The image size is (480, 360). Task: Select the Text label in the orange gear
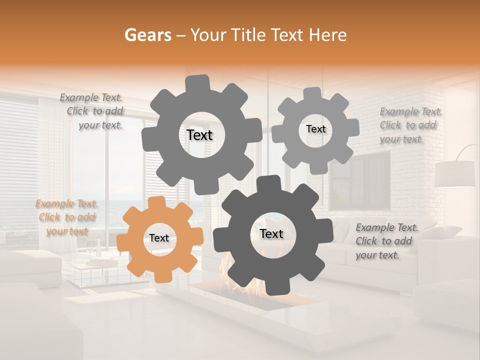coord(159,238)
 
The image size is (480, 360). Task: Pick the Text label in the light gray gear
coord(315,129)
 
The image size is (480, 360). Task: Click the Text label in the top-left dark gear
coord(199,135)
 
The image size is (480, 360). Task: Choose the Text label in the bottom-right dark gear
coord(271,234)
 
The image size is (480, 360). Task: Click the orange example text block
coord(67,217)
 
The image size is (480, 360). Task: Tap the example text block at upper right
coord(410,125)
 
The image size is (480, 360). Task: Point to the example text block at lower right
coord(386,241)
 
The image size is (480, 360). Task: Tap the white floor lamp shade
coord(454,174)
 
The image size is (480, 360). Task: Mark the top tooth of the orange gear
coord(157,202)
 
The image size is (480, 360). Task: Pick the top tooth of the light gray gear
coord(312,93)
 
